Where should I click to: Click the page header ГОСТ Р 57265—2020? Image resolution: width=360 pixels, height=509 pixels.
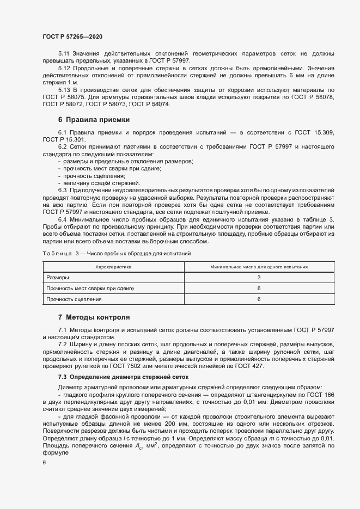(x=72, y=36)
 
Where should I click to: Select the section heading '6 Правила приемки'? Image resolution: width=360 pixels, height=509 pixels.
(x=93, y=119)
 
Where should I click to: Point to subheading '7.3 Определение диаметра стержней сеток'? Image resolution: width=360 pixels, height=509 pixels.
(x=123, y=376)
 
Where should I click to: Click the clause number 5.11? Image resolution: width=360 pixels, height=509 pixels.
(x=64, y=54)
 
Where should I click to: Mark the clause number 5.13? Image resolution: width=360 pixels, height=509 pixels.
(x=64, y=89)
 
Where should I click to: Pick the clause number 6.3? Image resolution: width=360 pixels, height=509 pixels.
(x=62, y=190)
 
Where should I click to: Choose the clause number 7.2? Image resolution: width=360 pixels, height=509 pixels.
(x=62, y=345)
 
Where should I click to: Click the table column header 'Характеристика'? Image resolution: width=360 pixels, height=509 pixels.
(x=113, y=267)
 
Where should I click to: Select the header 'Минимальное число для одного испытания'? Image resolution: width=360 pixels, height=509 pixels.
(x=259, y=267)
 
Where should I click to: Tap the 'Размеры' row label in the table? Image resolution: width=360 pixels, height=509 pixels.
(x=59, y=278)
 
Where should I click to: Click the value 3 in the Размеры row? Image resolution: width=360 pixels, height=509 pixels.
(x=259, y=278)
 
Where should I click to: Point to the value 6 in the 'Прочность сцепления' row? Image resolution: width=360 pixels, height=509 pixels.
(x=259, y=299)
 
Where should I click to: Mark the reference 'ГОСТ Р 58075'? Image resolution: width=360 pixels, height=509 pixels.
(x=64, y=96)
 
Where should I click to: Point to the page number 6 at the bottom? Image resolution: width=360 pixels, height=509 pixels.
(x=44, y=462)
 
